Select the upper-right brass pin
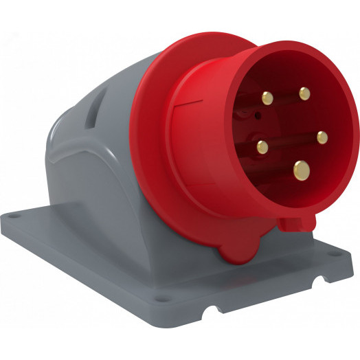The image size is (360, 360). tap(304, 93)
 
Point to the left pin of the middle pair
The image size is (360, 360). tap(262, 146)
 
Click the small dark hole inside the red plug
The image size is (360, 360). tap(257, 117)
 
